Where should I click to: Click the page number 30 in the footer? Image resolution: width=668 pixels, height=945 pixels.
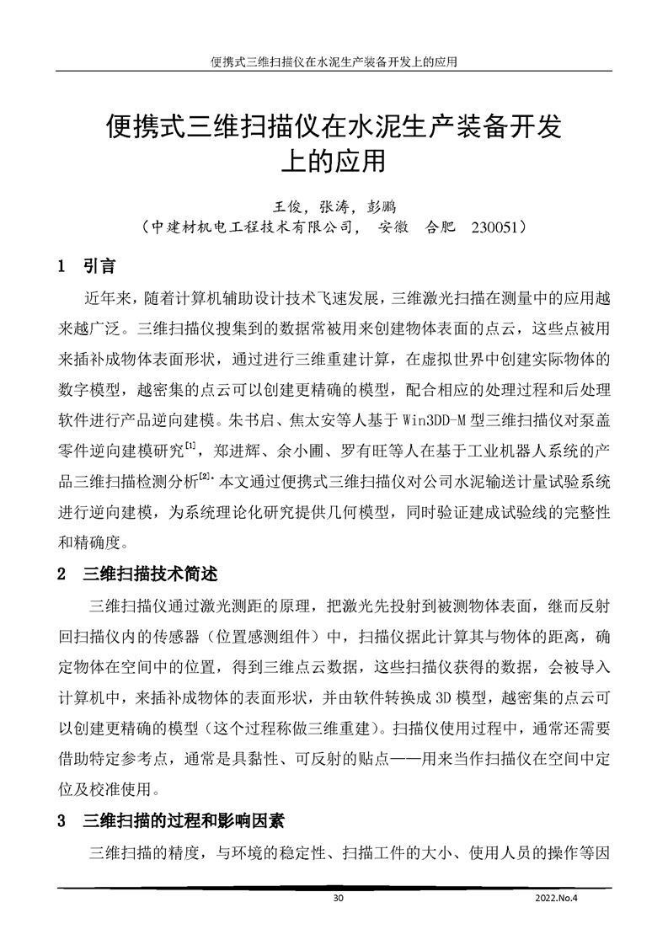(x=339, y=898)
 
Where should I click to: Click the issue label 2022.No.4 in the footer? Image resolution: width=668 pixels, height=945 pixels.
(x=559, y=898)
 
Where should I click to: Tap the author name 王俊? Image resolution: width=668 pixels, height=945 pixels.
(x=285, y=206)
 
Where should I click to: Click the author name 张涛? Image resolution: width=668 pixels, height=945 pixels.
(x=334, y=206)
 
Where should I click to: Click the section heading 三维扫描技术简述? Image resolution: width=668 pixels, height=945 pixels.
(x=151, y=575)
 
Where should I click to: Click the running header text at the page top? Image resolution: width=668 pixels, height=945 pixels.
(x=334, y=63)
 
